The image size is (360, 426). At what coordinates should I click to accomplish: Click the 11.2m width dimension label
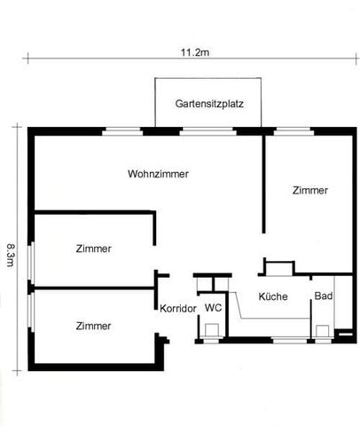tap(194, 51)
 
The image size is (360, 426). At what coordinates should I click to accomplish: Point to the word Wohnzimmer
tap(158, 174)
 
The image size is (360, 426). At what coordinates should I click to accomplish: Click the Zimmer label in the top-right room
tap(310, 190)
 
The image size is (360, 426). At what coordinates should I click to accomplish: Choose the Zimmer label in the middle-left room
tap(94, 248)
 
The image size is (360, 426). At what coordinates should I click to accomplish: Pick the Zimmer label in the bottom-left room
tap(94, 326)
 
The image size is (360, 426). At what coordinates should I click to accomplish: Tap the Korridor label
tap(177, 309)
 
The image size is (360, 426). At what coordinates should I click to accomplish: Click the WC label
tap(213, 307)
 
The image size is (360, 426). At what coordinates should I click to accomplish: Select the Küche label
tap(273, 296)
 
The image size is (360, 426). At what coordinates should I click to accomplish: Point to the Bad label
tap(324, 296)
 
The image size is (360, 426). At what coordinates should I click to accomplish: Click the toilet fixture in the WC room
tap(213, 330)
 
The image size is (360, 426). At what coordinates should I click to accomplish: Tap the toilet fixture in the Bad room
tap(321, 331)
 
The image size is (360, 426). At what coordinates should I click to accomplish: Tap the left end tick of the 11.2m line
tap(27, 59)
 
